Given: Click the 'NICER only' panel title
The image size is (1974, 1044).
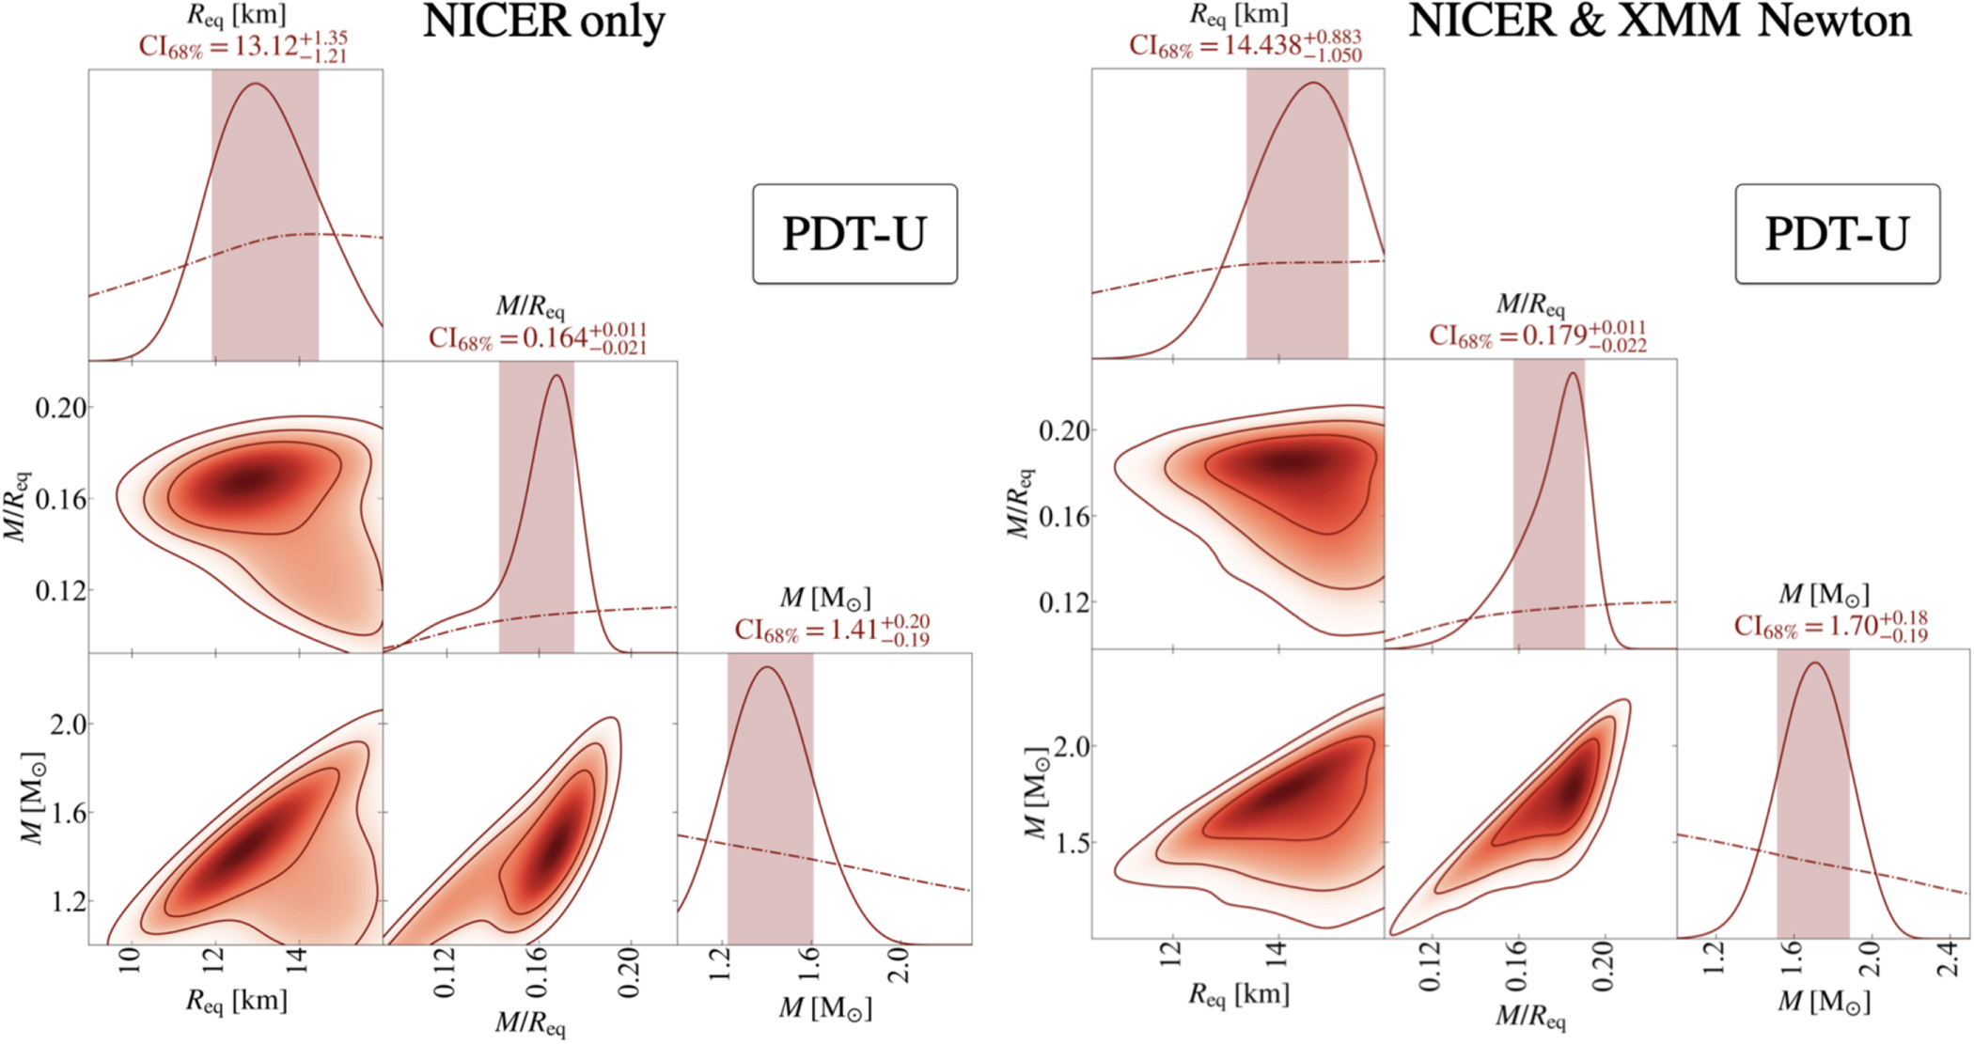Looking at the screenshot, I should pos(543,22).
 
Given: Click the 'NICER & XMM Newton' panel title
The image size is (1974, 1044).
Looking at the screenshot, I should pos(1659,21).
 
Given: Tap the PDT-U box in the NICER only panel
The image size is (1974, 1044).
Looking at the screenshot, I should pos(854,234).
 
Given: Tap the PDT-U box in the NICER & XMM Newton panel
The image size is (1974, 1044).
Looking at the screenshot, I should pos(1837,234).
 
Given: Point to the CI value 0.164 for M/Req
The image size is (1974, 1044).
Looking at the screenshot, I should pos(555,338).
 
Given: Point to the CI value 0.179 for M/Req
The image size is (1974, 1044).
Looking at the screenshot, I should pos(1555,335).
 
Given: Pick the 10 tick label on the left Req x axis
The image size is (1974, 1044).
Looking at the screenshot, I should pos(131,963).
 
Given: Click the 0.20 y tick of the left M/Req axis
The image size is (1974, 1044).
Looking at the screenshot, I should pos(61,408).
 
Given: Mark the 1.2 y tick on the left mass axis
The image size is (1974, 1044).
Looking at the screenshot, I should pos(67,902).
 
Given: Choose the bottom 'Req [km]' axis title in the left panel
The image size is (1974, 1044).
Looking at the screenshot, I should pos(236,1001).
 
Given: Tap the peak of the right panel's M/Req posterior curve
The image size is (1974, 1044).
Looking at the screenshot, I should pos(1572,373).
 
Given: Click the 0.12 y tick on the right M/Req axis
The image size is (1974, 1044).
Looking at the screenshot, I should pos(1064,602).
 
